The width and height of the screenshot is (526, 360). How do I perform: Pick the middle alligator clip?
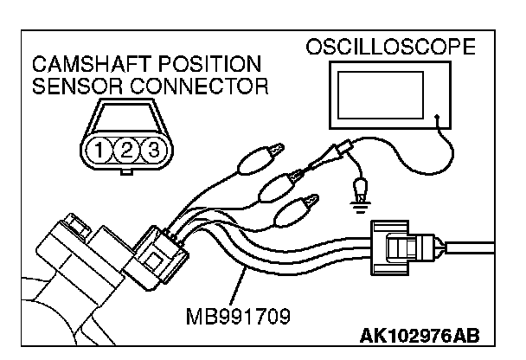coord(285,183)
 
